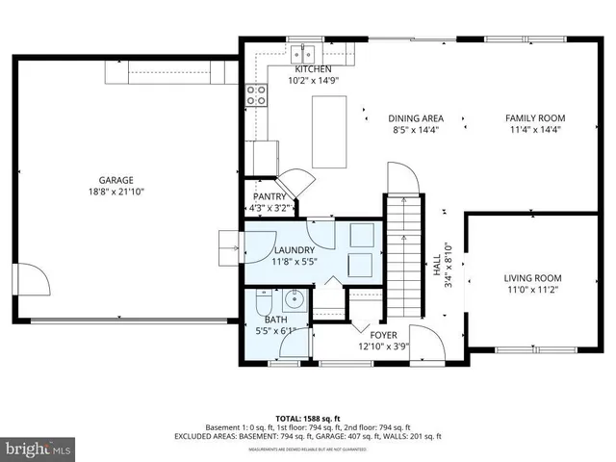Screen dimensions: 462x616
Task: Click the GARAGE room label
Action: point(115,180)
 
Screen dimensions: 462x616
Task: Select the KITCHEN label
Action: point(313,69)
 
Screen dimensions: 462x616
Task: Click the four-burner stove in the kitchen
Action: point(257,94)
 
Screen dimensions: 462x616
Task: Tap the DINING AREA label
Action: point(416,118)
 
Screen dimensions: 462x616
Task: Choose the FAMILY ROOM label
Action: point(535,118)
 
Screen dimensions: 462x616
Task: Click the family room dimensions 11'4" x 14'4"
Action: point(535,130)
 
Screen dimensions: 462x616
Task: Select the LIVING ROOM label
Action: point(532,278)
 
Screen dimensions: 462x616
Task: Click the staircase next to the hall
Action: point(404,254)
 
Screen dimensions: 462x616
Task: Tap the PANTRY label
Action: point(269,196)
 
